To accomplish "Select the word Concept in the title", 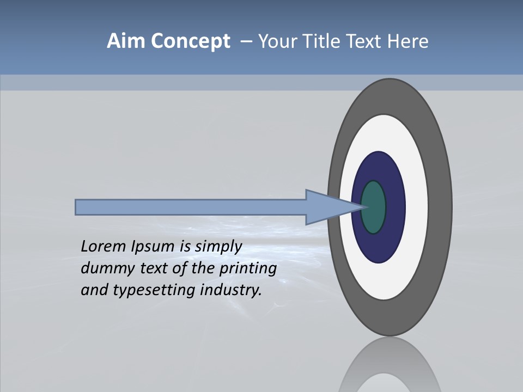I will pos(190,42).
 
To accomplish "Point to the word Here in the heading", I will pos(409,41).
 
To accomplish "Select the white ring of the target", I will pos(416,207).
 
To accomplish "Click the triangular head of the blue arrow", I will pos(327,207).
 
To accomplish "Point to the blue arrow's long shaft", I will pos(191,207).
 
